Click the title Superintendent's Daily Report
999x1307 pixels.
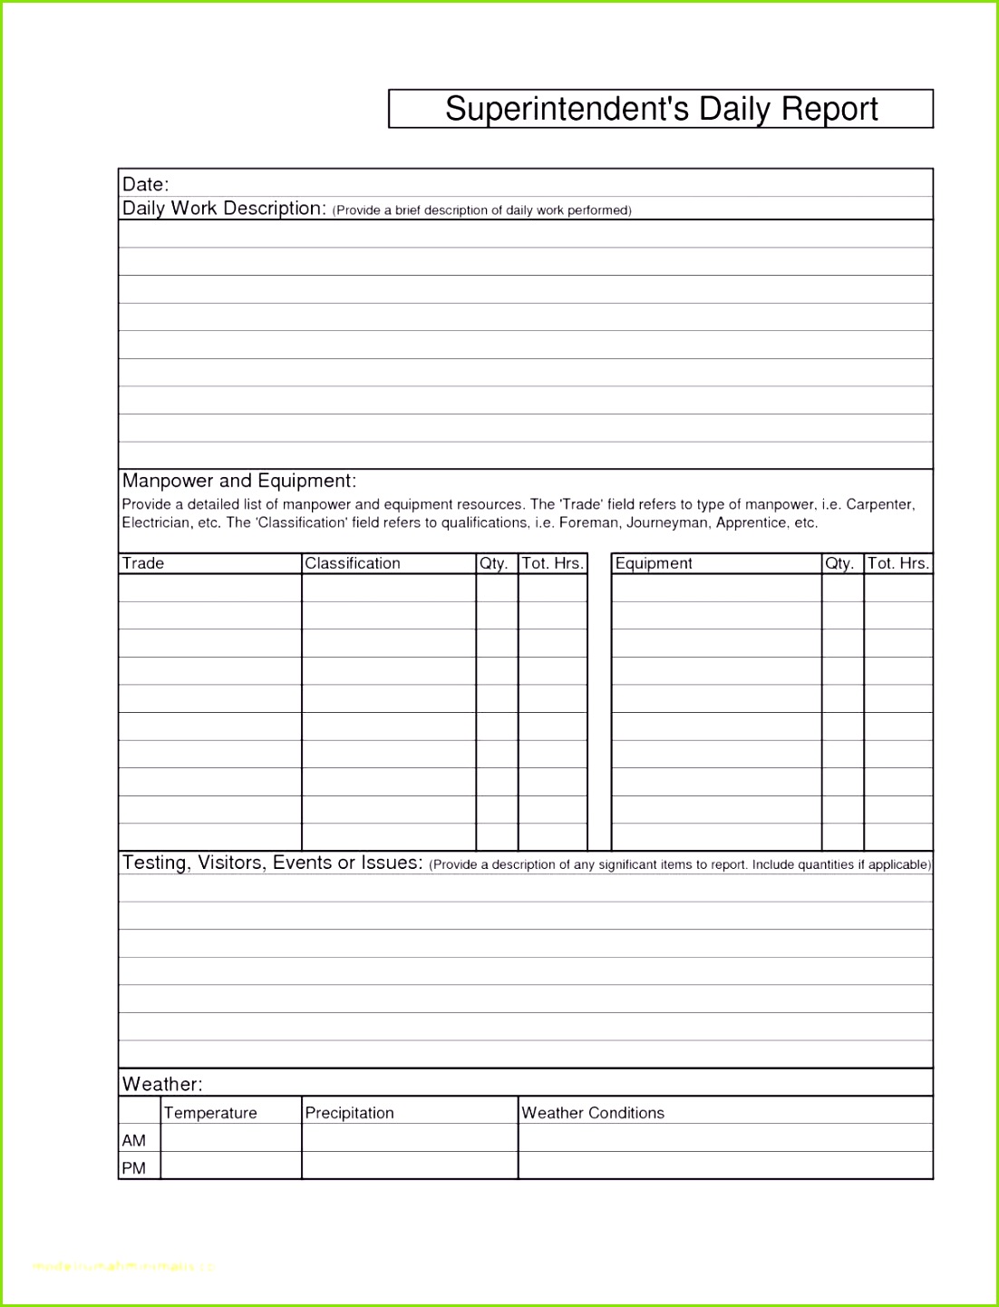tap(661, 109)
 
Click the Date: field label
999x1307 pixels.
tap(146, 184)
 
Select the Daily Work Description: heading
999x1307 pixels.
tap(224, 209)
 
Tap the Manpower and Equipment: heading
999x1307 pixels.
tap(239, 481)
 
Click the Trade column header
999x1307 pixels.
tap(143, 563)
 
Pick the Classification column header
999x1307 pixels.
tap(353, 563)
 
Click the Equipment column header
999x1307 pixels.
tap(654, 563)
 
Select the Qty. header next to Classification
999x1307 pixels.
tap(494, 563)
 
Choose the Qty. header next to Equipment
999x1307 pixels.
tap(839, 563)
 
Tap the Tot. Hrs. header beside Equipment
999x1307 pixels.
tap(898, 563)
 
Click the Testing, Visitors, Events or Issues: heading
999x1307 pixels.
tap(273, 863)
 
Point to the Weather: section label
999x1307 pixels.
tap(162, 1084)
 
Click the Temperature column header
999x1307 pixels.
tap(210, 1113)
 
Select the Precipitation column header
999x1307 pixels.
tap(349, 1113)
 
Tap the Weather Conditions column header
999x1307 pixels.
tap(593, 1113)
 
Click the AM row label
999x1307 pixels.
tap(134, 1140)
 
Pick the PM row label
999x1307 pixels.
tap(134, 1167)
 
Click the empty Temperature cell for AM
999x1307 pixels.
tap(230, 1138)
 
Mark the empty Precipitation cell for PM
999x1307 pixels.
tap(409, 1166)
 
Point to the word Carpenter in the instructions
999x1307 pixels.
tap(879, 504)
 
